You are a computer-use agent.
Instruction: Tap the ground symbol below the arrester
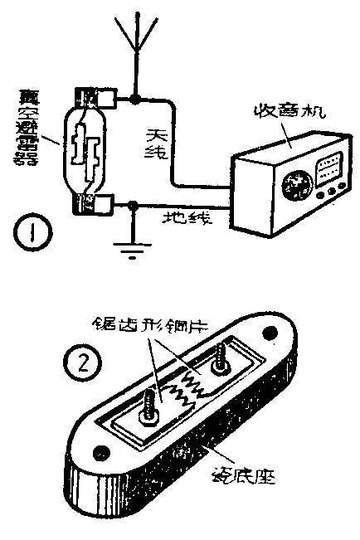131,249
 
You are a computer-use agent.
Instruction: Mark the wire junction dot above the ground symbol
131,205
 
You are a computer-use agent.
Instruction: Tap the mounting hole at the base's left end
102,452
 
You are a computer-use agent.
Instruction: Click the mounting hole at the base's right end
270,333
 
